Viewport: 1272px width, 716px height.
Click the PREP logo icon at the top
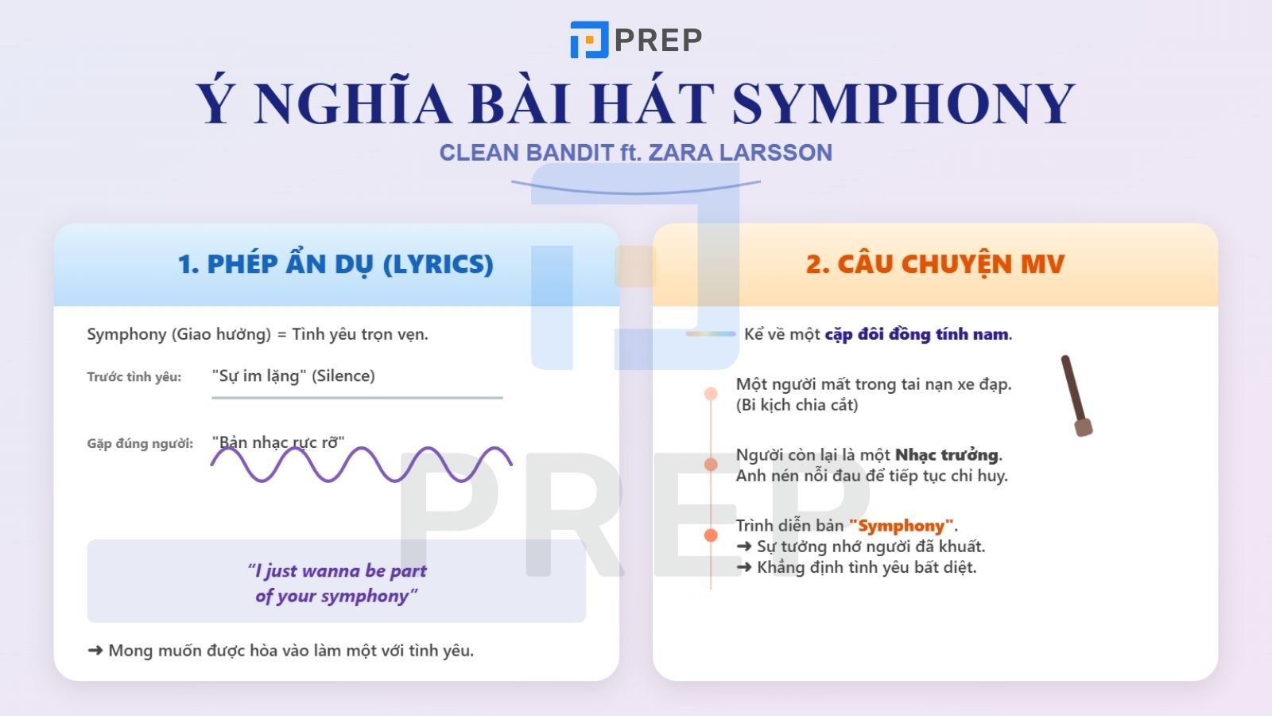(x=588, y=40)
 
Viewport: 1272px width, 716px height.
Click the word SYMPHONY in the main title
(x=903, y=103)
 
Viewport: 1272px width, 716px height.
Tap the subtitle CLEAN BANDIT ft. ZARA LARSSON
(x=635, y=153)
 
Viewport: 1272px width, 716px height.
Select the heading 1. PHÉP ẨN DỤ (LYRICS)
(x=335, y=264)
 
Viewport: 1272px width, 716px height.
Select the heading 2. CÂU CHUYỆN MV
(x=935, y=264)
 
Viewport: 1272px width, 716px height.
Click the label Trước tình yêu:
(x=134, y=377)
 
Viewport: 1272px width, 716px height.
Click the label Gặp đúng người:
(x=140, y=444)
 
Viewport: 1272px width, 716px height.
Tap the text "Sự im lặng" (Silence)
(x=293, y=376)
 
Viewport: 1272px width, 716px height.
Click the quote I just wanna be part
(x=337, y=570)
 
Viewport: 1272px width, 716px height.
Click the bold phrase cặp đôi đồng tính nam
(x=917, y=334)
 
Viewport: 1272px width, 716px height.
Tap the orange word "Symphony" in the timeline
(x=901, y=526)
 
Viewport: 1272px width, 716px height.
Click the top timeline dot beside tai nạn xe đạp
(x=711, y=394)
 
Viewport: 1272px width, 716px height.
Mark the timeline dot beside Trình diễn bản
(x=711, y=535)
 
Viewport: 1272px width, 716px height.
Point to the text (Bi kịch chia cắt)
(x=797, y=405)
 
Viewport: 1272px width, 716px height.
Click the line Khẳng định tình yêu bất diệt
(x=865, y=567)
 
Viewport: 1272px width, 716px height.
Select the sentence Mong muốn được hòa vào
(x=290, y=651)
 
